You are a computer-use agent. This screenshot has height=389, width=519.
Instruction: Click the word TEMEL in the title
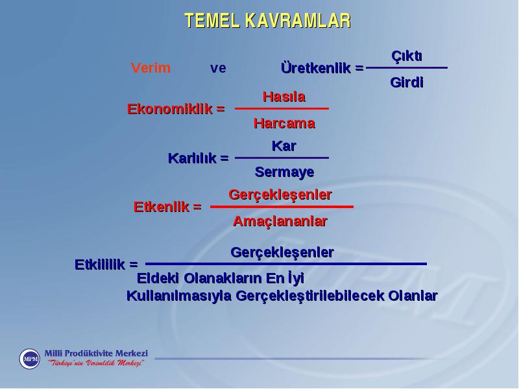pyautogui.click(x=212, y=21)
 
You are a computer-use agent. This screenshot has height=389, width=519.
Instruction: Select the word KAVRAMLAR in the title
pyautogui.click(x=298, y=21)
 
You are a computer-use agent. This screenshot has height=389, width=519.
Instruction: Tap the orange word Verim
pyautogui.click(x=151, y=68)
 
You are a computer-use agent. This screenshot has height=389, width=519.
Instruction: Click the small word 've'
pyautogui.click(x=218, y=69)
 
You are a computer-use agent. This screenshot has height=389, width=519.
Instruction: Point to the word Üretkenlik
pyautogui.click(x=316, y=68)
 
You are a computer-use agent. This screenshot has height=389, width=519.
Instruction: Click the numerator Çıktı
pyautogui.click(x=407, y=56)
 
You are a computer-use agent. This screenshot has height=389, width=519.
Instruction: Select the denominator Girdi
pyautogui.click(x=407, y=82)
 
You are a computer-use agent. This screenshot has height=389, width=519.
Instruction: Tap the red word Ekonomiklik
pyautogui.click(x=170, y=109)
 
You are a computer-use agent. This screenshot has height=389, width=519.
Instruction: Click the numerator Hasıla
pyautogui.click(x=284, y=97)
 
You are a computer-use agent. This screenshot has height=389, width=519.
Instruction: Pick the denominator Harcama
pyautogui.click(x=284, y=123)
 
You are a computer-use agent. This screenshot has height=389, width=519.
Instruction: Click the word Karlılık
pyautogui.click(x=192, y=158)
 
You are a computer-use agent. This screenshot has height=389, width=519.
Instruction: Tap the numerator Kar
pyautogui.click(x=284, y=146)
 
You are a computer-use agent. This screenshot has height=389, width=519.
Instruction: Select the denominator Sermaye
pyautogui.click(x=284, y=172)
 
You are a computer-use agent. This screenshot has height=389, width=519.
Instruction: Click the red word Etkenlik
pyautogui.click(x=162, y=207)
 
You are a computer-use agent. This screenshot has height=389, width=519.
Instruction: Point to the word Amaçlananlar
pyautogui.click(x=280, y=221)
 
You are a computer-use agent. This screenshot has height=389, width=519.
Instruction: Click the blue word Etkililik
pyautogui.click(x=100, y=265)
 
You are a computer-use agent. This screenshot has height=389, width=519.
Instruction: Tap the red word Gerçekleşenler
pyautogui.click(x=280, y=195)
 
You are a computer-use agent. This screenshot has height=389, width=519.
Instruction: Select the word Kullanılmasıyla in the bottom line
pyautogui.click(x=179, y=296)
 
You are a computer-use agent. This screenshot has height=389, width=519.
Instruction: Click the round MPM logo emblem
pyautogui.click(x=29, y=359)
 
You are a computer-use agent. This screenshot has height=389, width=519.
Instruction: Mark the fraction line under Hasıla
pyautogui.click(x=282, y=108)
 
